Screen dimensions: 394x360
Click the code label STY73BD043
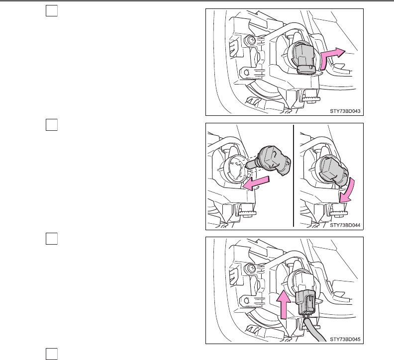pyautogui.click(x=345, y=111)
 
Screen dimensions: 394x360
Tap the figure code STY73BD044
pyautogui.click(x=345, y=225)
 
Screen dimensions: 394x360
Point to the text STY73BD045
pyautogui.click(x=345, y=340)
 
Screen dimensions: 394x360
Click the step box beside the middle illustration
pyautogui.click(x=50, y=125)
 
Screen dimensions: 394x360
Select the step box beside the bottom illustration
pyautogui.click(x=50, y=239)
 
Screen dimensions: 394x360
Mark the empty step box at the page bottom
pyautogui.click(x=50, y=354)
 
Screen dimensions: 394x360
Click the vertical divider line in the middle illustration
pyautogui.click(x=294, y=177)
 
